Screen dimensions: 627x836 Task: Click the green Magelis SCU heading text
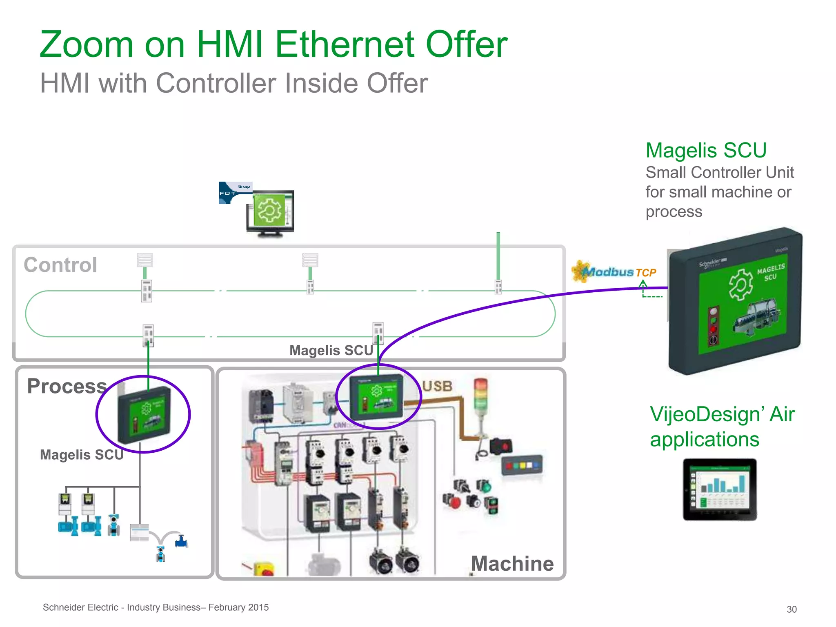[706, 150]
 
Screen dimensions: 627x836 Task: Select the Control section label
[60, 265]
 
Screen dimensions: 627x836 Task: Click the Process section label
[67, 386]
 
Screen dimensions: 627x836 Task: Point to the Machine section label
[512, 564]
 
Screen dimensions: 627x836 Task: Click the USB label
[437, 386]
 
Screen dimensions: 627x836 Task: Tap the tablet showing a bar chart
[720, 489]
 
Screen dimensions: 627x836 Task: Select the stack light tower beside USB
[480, 404]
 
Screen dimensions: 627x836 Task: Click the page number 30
[792, 609]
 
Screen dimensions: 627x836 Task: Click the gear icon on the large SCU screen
[740, 285]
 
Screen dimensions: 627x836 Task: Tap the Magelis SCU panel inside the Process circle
[144, 415]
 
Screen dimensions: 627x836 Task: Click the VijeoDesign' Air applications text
[722, 427]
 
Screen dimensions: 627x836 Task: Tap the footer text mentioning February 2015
[156, 607]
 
